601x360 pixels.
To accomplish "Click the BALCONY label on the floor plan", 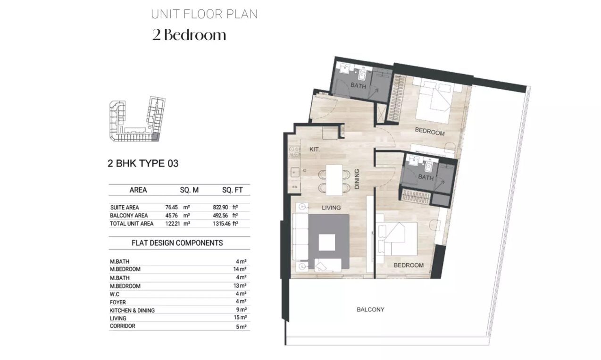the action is [x=370, y=310].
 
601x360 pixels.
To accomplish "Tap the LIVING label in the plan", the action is [x=331, y=208].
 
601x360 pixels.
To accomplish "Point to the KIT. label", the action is [x=315, y=150].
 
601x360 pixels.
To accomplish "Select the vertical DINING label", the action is [x=357, y=179].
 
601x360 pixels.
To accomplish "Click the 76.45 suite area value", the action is [x=171, y=207].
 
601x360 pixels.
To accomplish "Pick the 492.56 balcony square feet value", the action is [x=220, y=216].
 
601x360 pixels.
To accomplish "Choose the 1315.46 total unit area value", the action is [x=222, y=224].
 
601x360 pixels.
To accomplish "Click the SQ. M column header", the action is [x=189, y=190].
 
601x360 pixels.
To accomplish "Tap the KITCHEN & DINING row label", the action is [x=132, y=310].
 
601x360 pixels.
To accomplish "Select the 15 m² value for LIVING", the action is [x=240, y=318].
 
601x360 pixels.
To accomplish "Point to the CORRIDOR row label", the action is [x=122, y=326].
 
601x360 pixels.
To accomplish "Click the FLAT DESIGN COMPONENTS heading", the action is [x=177, y=243].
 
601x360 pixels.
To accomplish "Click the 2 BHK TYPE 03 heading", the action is [x=143, y=163].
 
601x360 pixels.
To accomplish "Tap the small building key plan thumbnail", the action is [x=137, y=119].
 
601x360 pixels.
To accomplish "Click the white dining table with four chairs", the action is [x=334, y=180].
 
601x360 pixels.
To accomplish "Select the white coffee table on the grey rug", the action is [x=327, y=242].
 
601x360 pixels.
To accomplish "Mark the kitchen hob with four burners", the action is [x=294, y=151].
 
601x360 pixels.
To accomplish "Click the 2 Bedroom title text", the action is [x=189, y=35].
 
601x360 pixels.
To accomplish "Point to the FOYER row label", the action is [x=117, y=302].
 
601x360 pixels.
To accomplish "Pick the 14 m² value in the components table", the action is [x=240, y=269].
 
